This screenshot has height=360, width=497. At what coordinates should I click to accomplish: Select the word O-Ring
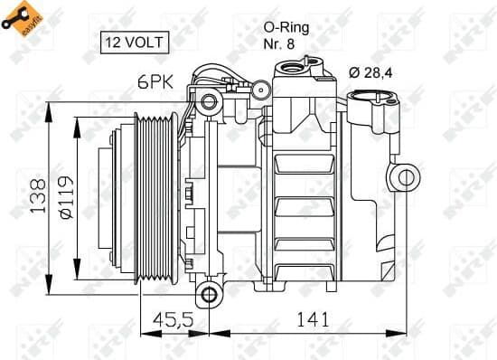(286, 27)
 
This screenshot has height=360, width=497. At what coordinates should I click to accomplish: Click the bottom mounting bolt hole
(210, 294)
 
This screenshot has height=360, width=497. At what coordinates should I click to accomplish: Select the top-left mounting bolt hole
(209, 100)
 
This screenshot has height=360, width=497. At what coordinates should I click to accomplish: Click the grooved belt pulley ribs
(146, 195)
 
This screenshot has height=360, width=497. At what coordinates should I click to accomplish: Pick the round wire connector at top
(258, 90)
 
